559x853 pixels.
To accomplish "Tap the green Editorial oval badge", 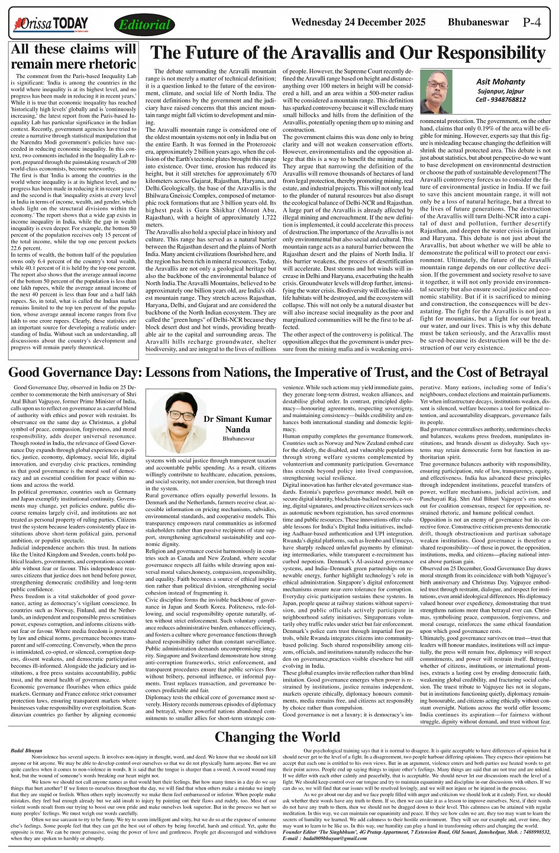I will [x=144, y=25].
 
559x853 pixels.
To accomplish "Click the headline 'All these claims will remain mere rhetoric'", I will [x=74, y=57].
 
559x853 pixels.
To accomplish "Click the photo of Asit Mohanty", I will [x=437, y=92].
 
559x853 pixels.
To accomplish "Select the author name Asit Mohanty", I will [x=501, y=82].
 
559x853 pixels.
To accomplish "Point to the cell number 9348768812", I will [x=508, y=99].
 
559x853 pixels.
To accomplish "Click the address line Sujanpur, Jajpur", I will [x=501, y=91].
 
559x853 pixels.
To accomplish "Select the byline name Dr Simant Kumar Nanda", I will [x=237, y=424].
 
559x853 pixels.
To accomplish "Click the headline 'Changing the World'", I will [x=279, y=737].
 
